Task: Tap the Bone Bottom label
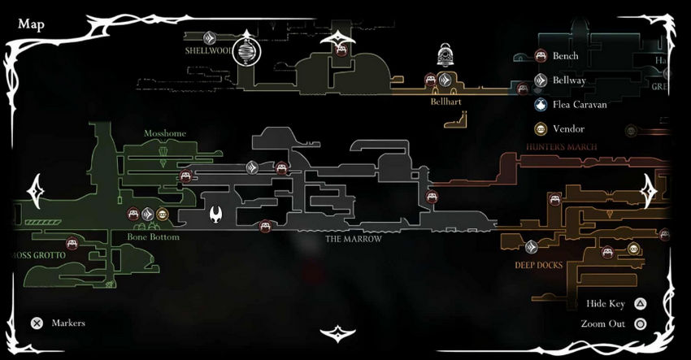point(153,237)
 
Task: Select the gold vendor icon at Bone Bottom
point(163,215)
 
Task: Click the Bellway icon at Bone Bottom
point(148,215)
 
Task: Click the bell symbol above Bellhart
point(445,55)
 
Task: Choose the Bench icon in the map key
point(540,56)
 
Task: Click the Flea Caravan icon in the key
point(540,104)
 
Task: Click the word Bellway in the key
point(570,80)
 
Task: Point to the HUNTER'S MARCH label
point(562,147)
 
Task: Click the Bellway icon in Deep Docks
point(532,246)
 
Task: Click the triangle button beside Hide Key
point(641,304)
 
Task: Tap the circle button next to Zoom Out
point(641,323)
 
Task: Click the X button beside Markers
point(37,323)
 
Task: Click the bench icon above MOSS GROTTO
point(72,242)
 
